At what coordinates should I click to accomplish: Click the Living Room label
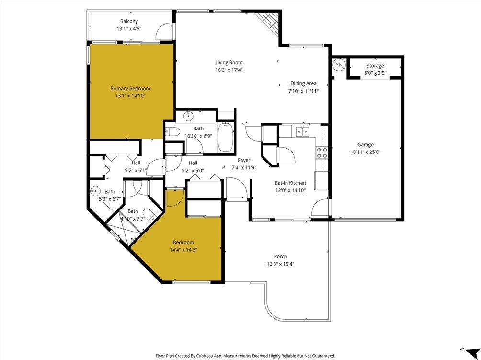[229, 62]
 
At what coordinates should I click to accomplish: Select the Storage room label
[375, 66]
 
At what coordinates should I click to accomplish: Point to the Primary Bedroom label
[130, 88]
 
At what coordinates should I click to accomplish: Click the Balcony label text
[129, 21]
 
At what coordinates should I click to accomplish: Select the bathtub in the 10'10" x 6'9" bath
[225, 138]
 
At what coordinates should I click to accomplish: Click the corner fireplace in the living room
[269, 21]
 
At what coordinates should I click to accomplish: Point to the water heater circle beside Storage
[339, 64]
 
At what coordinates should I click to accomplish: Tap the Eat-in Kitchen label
[290, 183]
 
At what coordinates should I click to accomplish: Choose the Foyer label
[244, 160]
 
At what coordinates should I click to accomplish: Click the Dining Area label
[303, 83]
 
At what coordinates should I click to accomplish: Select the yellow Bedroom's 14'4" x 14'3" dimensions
[183, 249]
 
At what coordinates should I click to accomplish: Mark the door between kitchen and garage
[321, 208]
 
